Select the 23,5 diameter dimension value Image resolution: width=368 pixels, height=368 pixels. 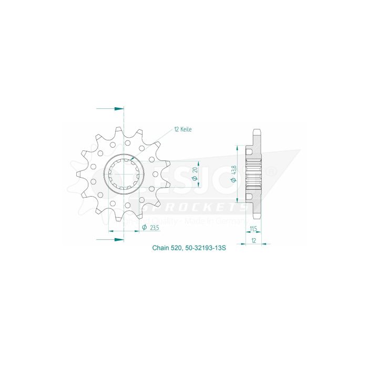coord(154,228)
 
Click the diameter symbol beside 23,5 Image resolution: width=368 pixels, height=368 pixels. coord(144,228)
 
